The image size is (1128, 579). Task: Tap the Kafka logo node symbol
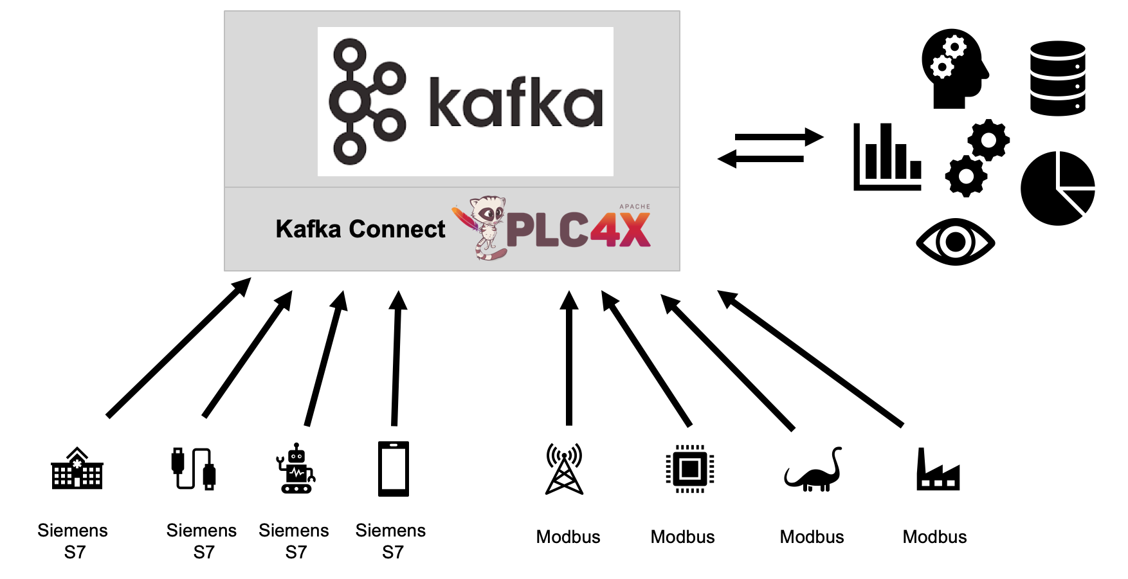coord(367,102)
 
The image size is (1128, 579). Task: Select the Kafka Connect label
coord(360,229)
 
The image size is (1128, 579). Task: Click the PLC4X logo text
coord(579,230)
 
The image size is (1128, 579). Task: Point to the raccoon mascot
coord(485,226)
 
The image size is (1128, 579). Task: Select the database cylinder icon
coord(1057,78)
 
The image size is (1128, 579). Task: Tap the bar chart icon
coord(887,157)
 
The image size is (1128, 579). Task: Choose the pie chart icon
coord(1057,188)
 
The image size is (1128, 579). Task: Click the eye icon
coord(955,242)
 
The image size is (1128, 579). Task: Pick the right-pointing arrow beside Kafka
coord(779,137)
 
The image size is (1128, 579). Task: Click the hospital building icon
coord(77,469)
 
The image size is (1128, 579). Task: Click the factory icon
coord(937,471)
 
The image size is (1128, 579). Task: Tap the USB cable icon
coord(193,468)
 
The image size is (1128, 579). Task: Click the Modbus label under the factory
coord(934,537)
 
